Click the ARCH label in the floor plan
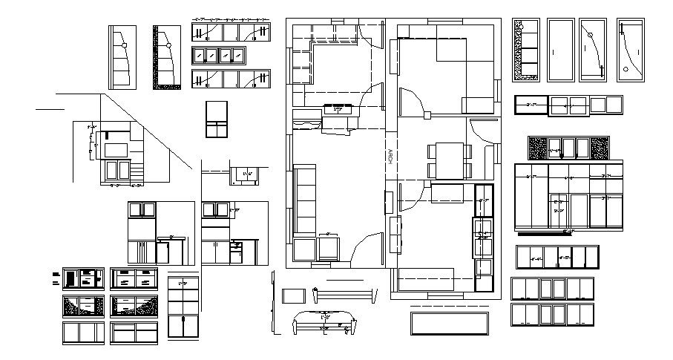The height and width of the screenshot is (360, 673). tap(390, 157)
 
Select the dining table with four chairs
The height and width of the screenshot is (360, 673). tap(449, 160)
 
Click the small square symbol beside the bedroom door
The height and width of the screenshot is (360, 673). tap(427, 115)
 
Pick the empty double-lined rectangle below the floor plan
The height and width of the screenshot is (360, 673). tap(449, 323)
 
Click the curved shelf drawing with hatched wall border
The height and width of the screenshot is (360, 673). tap(167, 57)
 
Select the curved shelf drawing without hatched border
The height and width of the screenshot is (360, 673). tap(122, 57)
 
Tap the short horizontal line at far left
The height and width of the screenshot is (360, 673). tap(50, 108)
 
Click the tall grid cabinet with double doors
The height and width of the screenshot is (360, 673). tap(183, 307)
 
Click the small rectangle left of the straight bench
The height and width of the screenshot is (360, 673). tap(295, 295)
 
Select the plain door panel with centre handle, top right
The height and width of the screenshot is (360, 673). tap(561, 50)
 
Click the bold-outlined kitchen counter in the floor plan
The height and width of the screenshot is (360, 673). tap(484, 238)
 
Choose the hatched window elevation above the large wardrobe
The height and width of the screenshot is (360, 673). tap(568, 148)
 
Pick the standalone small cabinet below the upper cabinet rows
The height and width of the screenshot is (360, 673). tap(217, 119)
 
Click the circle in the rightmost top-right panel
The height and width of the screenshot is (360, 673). tap(626, 69)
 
